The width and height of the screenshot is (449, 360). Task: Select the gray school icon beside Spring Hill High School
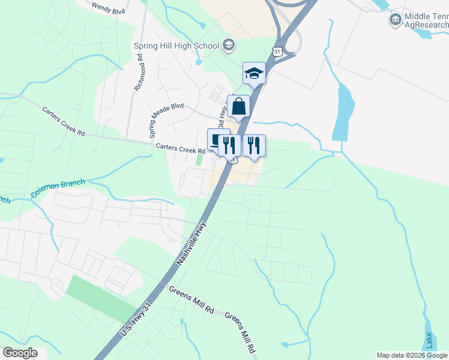(x=228, y=44)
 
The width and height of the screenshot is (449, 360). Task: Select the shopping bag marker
(x=239, y=107)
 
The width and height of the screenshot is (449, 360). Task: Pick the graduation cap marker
(x=254, y=74)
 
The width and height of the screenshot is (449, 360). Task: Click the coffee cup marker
(x=217, y=141)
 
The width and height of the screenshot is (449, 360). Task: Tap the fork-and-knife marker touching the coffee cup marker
(x=229, y=145)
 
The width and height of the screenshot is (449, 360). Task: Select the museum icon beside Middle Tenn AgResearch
(x=395, y=20)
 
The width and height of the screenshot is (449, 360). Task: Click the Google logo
(x=20, y=352)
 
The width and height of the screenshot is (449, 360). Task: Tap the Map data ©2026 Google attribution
(x=412, y=355)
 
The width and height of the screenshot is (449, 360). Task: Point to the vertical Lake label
(x=428, y=340)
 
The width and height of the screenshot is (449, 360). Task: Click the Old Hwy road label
(x=222, y=115)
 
